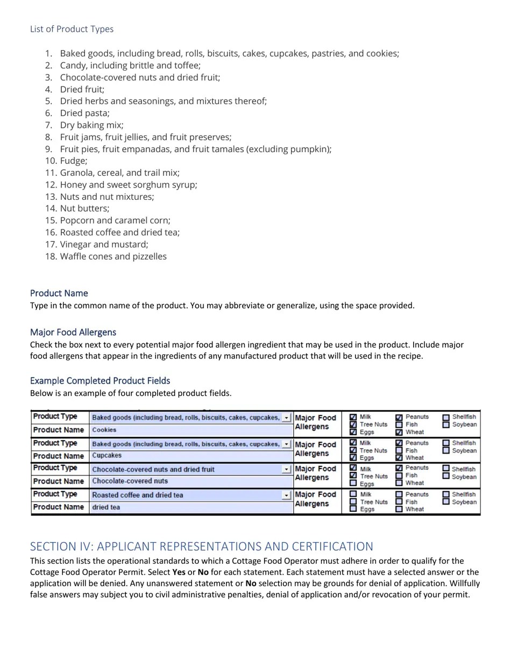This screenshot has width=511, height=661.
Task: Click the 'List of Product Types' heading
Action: pos(72,29)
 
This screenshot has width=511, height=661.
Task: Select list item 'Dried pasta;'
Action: pos(84,113)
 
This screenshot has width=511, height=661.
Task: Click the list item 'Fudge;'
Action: pos(73,161)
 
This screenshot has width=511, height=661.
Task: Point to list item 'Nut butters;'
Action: pos(84,209)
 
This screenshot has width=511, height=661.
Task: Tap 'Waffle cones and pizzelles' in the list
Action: pos(113,256)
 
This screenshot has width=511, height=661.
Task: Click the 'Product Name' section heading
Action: pos(59,293)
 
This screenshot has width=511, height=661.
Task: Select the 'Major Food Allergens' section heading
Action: pos(73,333)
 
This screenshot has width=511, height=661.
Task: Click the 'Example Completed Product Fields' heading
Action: pos(100,381)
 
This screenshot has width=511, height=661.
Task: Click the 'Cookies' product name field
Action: pos(191,430)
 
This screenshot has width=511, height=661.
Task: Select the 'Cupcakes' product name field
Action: pos(191,456)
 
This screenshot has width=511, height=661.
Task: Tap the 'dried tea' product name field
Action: pos(191,507)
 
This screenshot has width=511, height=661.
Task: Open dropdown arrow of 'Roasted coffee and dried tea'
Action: pos(286,495)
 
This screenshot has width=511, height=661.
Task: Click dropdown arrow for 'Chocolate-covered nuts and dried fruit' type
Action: pos(286,469)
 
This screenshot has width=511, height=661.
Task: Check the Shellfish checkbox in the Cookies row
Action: pos(446,417)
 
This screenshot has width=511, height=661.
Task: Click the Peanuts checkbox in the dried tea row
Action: pos(399,494)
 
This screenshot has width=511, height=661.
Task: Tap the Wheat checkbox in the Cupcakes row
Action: pos(399,458)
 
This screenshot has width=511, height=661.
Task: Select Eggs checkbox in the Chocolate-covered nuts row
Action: pos(353,483)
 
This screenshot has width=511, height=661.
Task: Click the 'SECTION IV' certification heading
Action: pos(201,547)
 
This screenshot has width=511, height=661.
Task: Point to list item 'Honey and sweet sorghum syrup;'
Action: pos(129,185)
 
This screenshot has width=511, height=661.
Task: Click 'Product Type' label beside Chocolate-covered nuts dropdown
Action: pos(55,468)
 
